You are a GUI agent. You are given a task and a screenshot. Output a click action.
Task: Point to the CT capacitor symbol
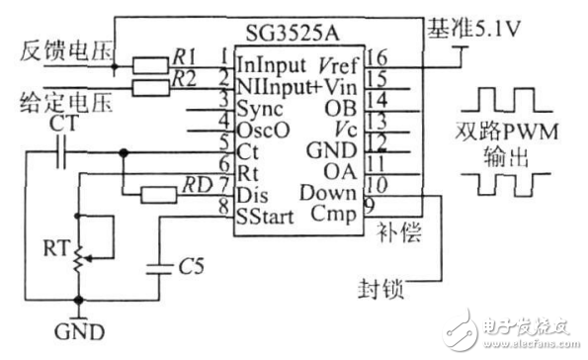coord(62,153)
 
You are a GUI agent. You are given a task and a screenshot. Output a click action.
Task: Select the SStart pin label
coord(263,216)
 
